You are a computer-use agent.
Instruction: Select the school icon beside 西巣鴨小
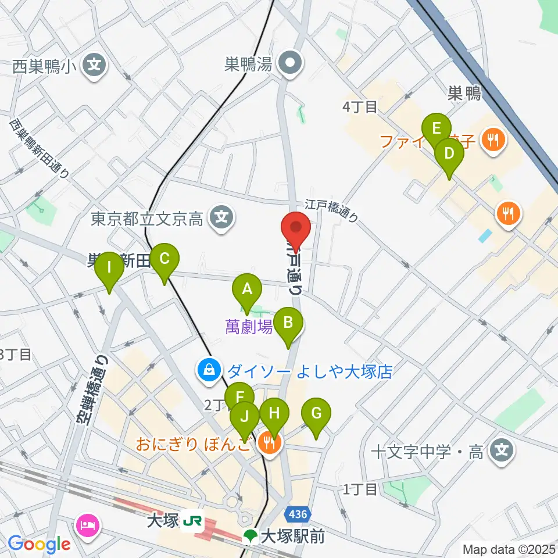tap(94, 65)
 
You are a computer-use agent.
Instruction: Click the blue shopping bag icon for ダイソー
tap(208, 370)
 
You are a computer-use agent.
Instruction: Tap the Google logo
tap(39, 545)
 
